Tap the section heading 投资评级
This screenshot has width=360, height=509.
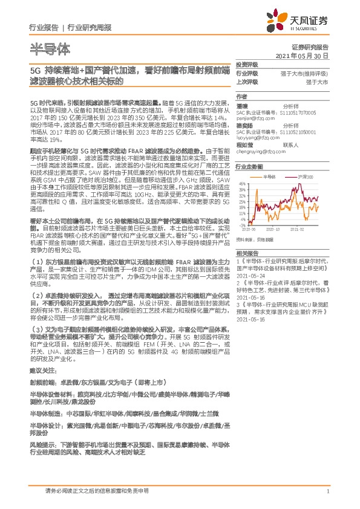click(246, 64)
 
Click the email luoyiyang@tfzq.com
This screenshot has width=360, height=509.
click(255, 137)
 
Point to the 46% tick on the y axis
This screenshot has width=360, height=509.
click(241, 183)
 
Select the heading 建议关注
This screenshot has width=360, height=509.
click(42, 369)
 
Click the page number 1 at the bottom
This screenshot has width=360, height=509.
click(327, 491)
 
